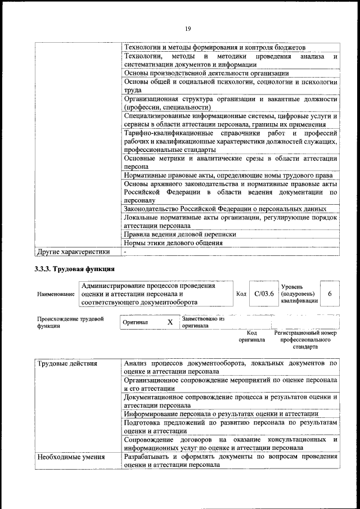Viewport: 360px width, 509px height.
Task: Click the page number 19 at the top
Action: click(x=188, y=29)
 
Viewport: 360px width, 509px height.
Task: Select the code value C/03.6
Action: click(x=263, y=294)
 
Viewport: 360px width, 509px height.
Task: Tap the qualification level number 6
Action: click(x=329, y=294)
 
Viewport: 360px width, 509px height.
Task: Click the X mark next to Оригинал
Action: click(x=170, y=322)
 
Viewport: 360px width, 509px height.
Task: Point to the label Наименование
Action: click(x=56, y=294)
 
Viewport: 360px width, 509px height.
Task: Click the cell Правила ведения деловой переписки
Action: click(x=179, y=234)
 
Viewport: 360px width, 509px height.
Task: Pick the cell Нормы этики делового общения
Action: click(x=173, y=243)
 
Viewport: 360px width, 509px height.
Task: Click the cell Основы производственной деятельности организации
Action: click(x=206, y=73)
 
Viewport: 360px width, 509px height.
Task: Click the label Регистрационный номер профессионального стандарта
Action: click(x=305, y=340)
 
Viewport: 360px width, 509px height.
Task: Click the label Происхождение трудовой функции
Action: click(x=70, y=322)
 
